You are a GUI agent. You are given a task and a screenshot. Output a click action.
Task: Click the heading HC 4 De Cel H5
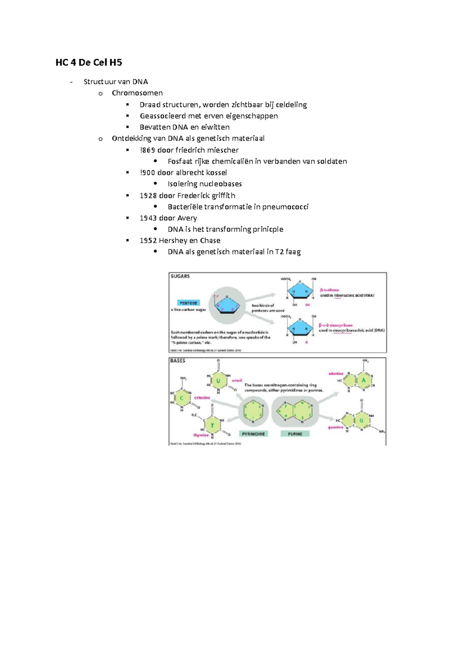point(89,63)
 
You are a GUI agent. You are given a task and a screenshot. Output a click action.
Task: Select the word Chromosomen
point(137,93)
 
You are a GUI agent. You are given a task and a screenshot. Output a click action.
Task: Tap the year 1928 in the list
point(148,195)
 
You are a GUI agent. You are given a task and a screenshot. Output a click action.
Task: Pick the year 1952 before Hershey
point(148,241)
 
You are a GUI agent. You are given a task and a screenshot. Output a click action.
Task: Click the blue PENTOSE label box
point(188,303)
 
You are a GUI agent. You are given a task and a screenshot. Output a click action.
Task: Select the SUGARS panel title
point(180,276)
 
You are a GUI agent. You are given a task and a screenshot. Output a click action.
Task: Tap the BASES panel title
point(178,360)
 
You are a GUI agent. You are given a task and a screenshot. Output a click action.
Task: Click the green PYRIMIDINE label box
point(253,434)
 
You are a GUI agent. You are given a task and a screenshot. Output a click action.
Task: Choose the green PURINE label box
point(295,434)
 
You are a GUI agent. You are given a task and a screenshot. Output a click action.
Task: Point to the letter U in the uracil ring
point(218,381)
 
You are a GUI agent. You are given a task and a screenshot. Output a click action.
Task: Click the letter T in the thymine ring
point(212,426)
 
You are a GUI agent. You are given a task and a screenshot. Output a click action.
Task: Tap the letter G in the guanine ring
point(362,421)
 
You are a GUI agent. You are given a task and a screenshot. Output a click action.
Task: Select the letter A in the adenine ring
point(363,380)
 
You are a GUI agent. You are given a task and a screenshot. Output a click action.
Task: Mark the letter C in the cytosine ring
point(182,398)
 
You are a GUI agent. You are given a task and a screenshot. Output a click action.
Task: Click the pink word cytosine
point(202,398)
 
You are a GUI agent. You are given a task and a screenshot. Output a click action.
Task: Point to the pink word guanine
point(335,427)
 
